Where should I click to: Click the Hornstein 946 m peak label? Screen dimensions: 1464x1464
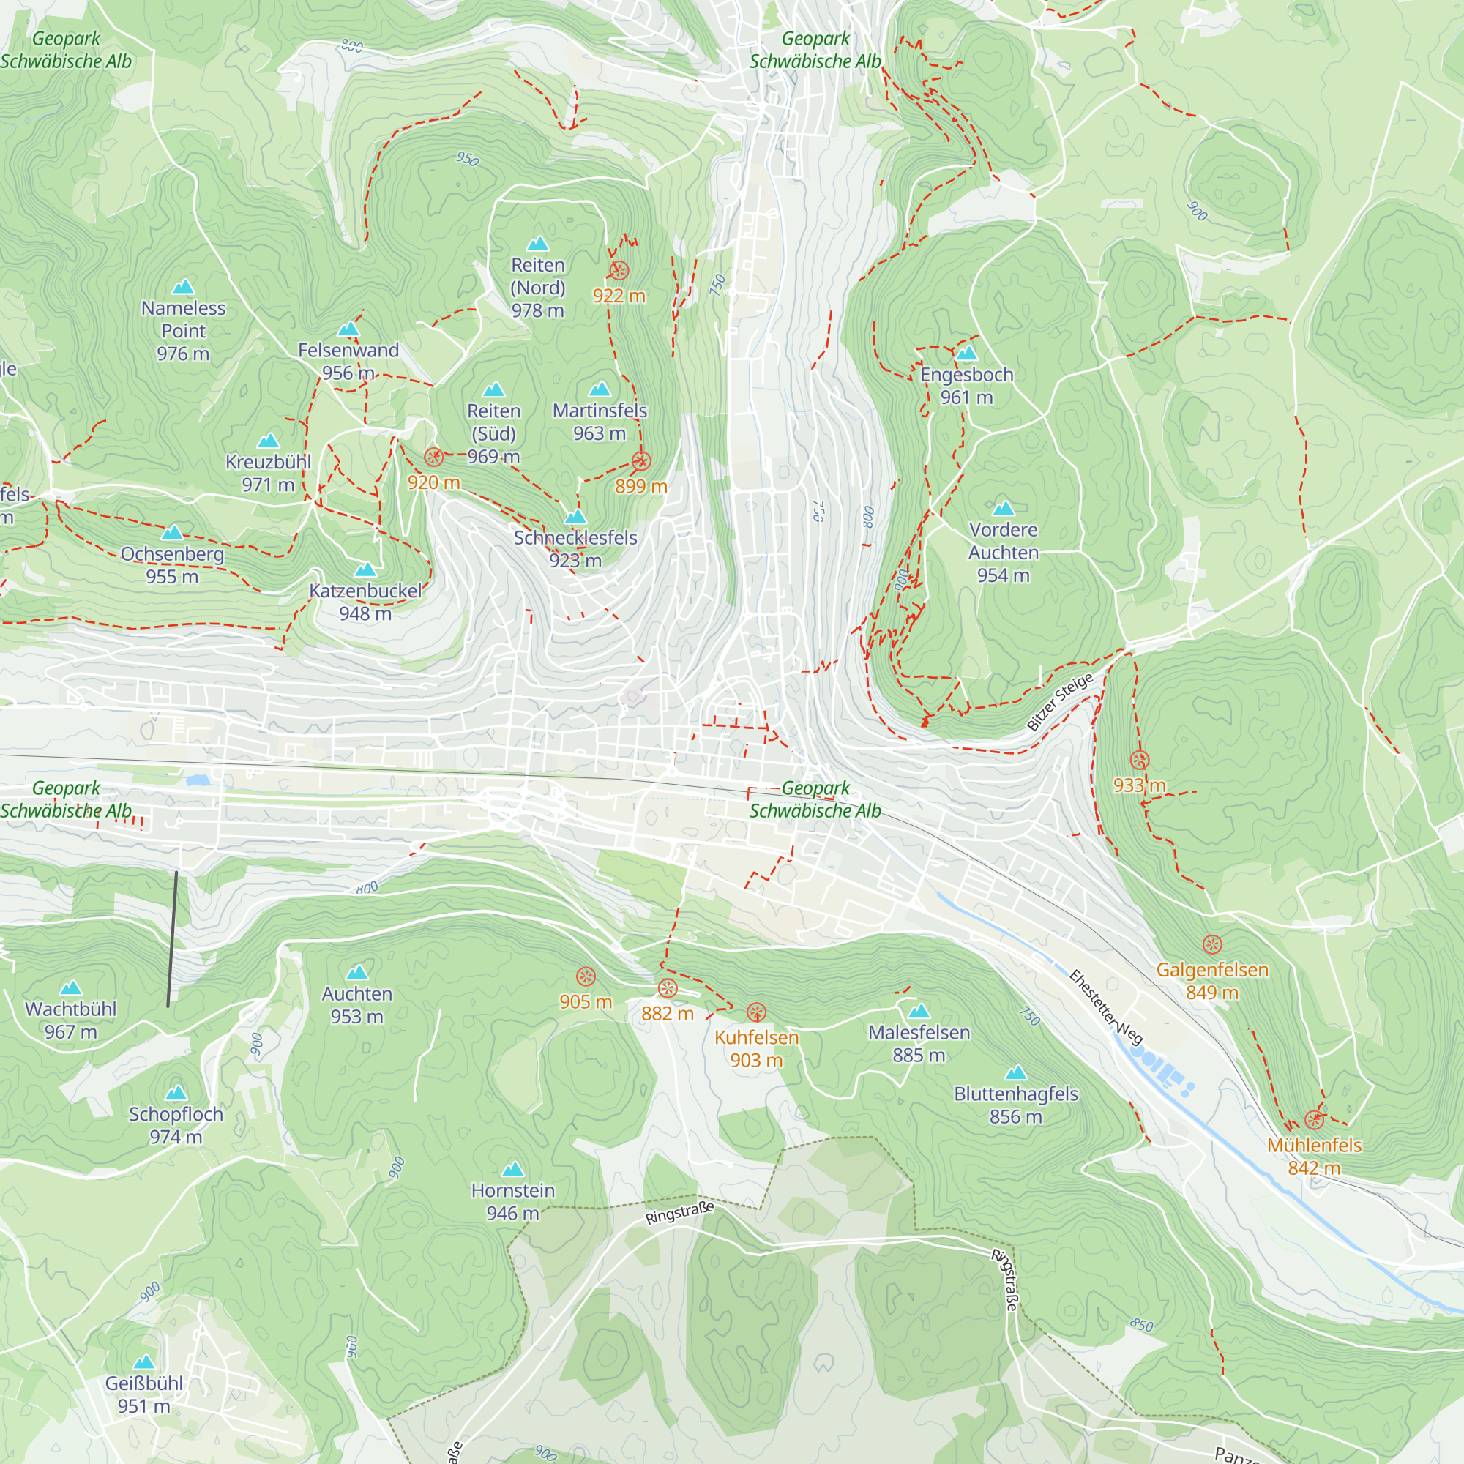[x=513, y=1202]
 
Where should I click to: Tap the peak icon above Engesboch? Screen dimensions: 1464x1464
[x=966, y=353]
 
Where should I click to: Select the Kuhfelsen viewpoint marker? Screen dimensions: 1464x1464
[x=756, y=1012]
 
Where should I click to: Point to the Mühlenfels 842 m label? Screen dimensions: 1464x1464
[x=1314, y=1157]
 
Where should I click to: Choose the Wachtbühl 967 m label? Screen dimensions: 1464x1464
[x=70, y=1020]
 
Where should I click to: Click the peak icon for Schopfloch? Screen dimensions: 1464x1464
[x=176, y=1093]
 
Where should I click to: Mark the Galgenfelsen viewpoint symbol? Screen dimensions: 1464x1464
[x=1212, y=944]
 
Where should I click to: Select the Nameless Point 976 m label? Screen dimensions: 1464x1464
[x=184, y=330]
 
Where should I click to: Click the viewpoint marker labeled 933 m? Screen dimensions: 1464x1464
[x=1139, y=760]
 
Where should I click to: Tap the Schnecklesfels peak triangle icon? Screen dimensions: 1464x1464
[x=576, y=517]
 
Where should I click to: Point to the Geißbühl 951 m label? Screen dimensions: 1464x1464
[x=144, y=1394]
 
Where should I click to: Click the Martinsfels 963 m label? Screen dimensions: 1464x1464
[x=600, y=422]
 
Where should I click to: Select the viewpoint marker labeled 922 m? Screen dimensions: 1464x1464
[x=619, y=271]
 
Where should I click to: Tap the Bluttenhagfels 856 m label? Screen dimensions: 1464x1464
[x=1015, y=1105]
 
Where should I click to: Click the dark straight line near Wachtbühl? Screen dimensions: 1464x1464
[x=172, y=939]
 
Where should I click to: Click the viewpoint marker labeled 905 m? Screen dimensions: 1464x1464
[x=586, y=976]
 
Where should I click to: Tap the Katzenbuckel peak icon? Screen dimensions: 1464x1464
[x=365, y=569]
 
